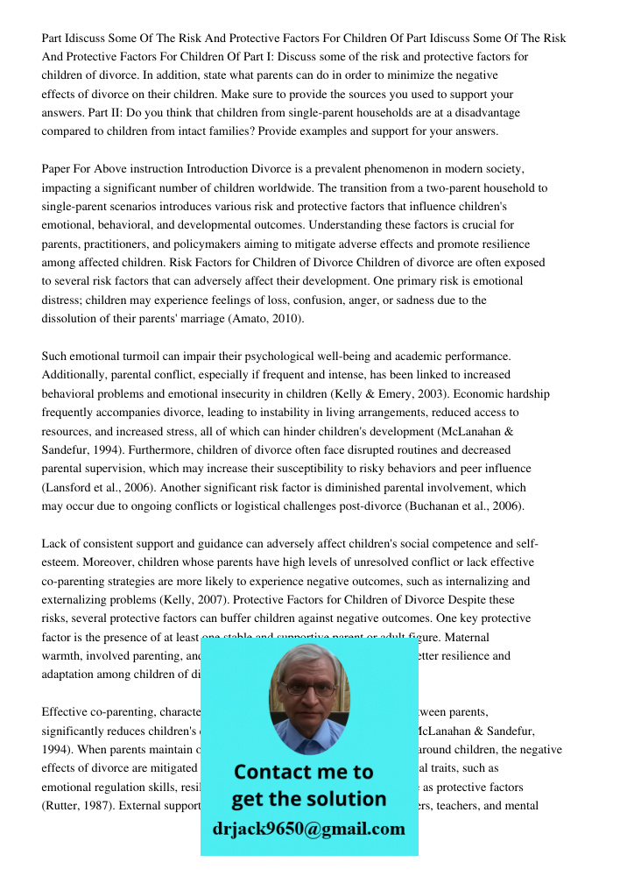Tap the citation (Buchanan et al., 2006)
click(x=465, y=505)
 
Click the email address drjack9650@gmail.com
click(x=309, y=829)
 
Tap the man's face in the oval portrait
click(x=309, y=693)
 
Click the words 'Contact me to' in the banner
click(x=304, y=772)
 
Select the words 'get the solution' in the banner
click(x=309, y=799)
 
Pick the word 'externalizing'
click(x=78, y=599)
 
